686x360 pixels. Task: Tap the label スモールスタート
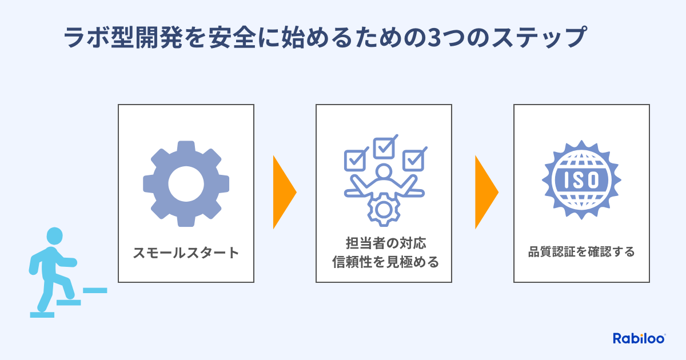(186, 253)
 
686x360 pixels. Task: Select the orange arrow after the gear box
(284, 192)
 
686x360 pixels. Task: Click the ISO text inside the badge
(581, 181)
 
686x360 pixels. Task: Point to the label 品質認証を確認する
(581, 252)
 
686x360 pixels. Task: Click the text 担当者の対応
(384, 243)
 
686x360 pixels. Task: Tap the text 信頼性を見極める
(384, 262)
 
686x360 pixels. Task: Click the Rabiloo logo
(639, 338)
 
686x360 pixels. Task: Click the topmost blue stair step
(95, 290)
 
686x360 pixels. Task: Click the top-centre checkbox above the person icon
(384, 146)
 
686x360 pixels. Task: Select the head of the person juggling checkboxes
(384, 171)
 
